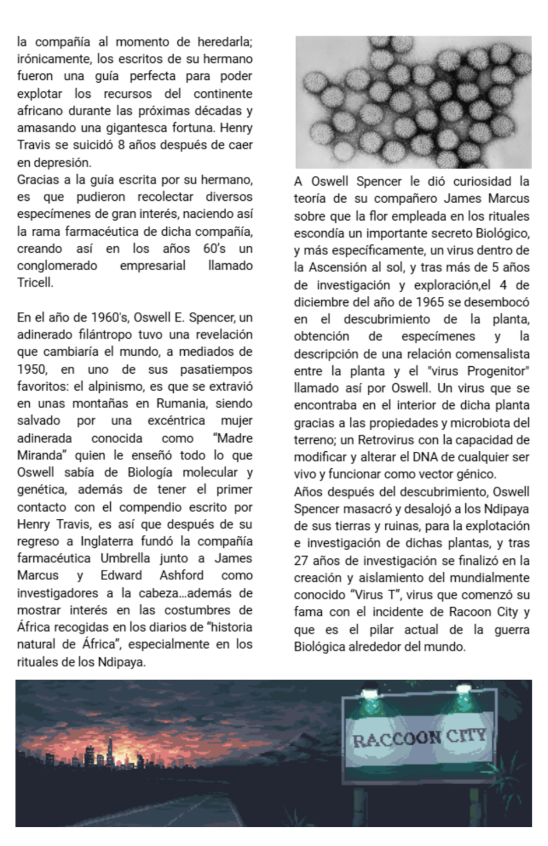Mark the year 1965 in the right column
[x=431, y=302]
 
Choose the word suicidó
[x=90, y=145]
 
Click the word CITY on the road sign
[x=466, y=736]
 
